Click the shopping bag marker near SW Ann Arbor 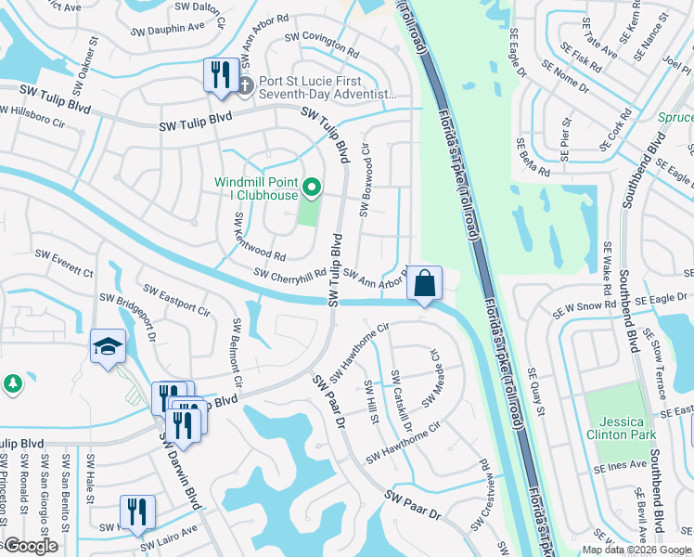[424, 282]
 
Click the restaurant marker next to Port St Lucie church [221, 74]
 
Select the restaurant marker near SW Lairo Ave [137, 512]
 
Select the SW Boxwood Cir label [365, 179]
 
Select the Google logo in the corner [30, 546]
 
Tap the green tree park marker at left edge [12, 382]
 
